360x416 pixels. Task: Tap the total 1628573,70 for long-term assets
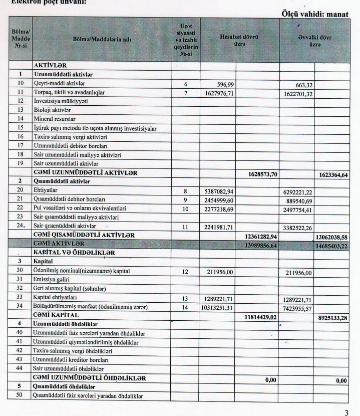point(263,173)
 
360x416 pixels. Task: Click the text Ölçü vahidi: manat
point(318,15)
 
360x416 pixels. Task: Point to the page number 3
point(345,413)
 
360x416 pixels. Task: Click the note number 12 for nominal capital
point(185,272)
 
